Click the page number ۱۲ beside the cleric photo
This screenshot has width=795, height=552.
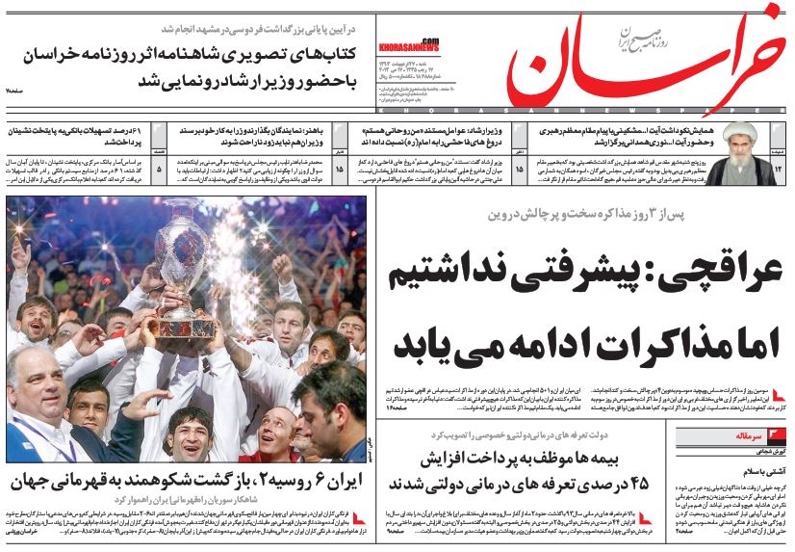[778, 169]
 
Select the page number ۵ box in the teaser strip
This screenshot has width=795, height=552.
[159, 169]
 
